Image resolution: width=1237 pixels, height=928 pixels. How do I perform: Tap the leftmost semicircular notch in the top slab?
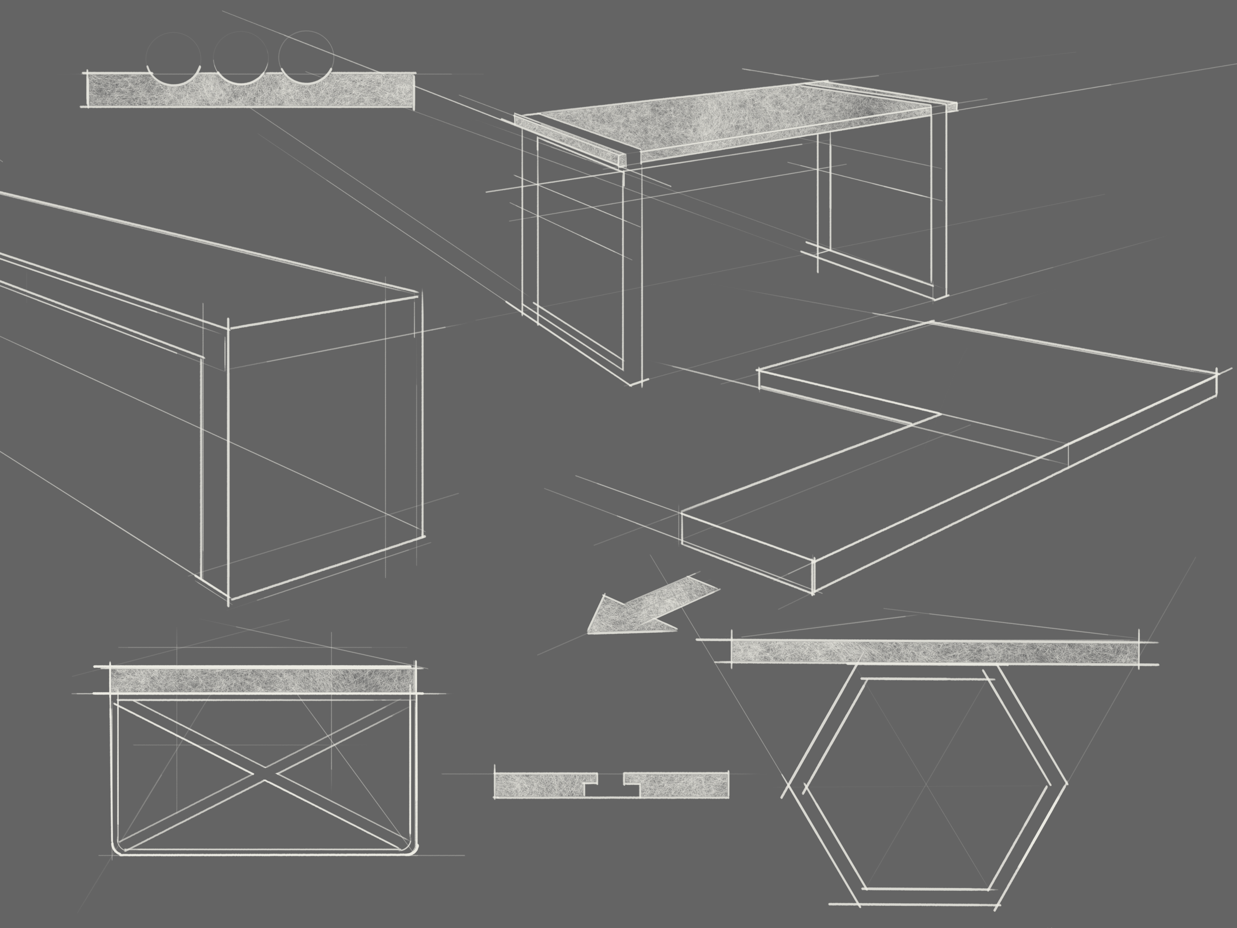[173, 78]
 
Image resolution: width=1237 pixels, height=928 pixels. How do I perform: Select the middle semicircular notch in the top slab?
[241, 78]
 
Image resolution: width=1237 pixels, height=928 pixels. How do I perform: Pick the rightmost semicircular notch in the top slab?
[306, 78]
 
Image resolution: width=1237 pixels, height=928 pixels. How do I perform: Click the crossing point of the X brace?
[265, 774]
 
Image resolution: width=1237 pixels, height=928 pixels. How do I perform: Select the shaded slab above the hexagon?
[934, 652]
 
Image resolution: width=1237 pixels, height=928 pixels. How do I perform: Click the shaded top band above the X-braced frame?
[263, 681]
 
